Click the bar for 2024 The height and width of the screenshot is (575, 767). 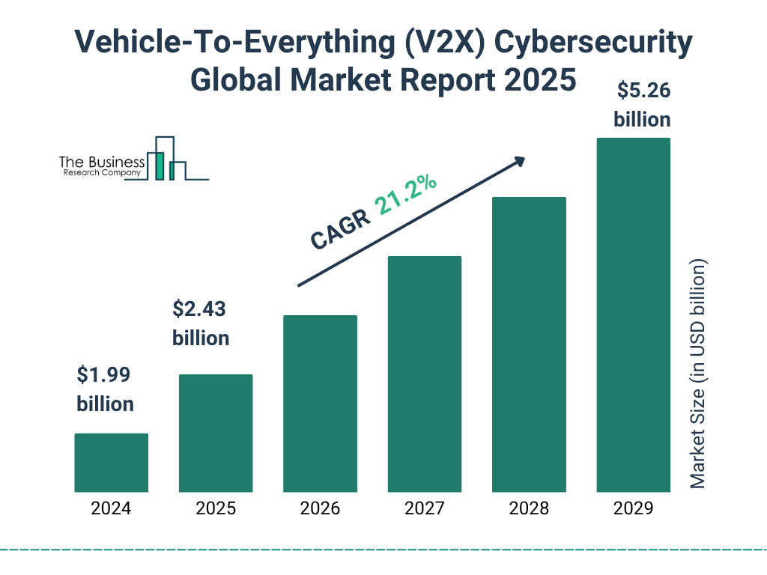click(x=111, y=463)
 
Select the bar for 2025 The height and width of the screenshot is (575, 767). click(x=216, y=433)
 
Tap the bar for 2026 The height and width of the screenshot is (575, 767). click(x=320, y=404)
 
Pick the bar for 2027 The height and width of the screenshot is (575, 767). click(x=424, y=374)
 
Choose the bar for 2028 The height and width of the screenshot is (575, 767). click(x=529, y=344)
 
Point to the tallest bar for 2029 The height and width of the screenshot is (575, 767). click(x=633, y=314)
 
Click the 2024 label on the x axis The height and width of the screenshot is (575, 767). click(x=111, y=509)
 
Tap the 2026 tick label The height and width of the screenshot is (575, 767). click(x=320, y=509)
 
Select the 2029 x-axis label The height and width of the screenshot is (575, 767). click(x=633, y=509)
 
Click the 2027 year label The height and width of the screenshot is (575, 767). click(x=424, y=509)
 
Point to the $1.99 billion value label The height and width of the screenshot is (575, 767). click(x=106, y=389)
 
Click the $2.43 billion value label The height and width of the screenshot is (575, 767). click(x=201, y=323)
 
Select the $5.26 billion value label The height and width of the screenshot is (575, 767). click(x=642, y=105)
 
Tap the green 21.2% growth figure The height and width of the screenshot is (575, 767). click(x=406, y=195)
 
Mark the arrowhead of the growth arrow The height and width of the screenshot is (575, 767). click(x=519, y=161)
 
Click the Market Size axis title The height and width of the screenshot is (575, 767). click(x=698, y=374)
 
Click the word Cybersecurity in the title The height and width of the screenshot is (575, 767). click(x=589, y=44)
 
